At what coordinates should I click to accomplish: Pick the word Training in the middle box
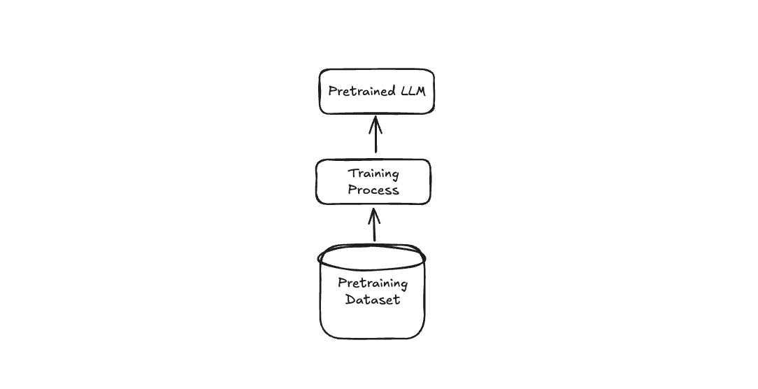(373, 174)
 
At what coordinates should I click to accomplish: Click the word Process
(373, 190)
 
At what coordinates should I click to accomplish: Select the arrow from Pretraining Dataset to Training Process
(374, 227)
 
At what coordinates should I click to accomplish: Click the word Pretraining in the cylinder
(373, 283)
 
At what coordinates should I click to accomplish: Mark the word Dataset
(373, 299)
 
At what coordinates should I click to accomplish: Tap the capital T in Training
(352, 174)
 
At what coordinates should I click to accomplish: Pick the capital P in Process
(352, 190)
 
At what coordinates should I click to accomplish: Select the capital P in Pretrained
(333, 92)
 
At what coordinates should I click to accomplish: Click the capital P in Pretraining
(342, 283)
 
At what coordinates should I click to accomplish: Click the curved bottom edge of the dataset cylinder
(372, 337)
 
